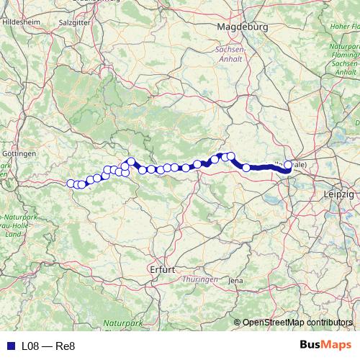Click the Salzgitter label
73,22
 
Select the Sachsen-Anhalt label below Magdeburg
230,55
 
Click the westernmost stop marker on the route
71,183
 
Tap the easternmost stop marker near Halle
288,165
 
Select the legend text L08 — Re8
48,346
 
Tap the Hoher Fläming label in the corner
346,27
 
